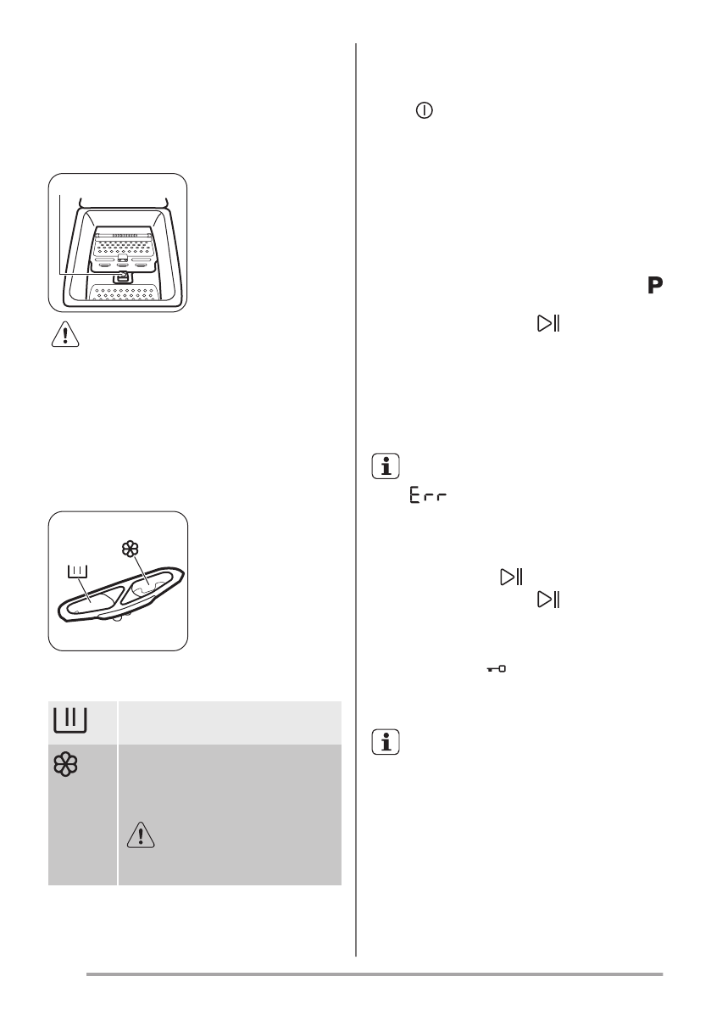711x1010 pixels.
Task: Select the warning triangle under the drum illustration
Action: click(x=65, y=338)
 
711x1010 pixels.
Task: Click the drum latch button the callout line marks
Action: click(x=122, y=275)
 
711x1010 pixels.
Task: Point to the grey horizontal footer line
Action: click(x=374, y=974)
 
